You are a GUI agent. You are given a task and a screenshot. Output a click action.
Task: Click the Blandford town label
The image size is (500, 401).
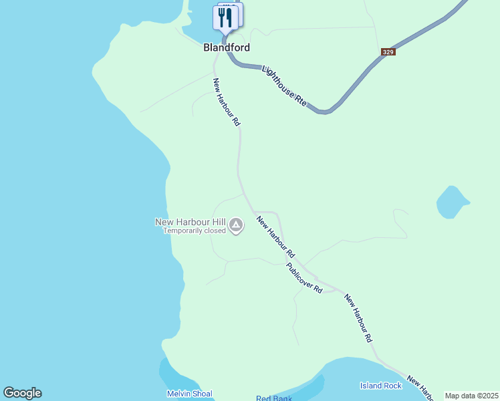(x=227, y=47)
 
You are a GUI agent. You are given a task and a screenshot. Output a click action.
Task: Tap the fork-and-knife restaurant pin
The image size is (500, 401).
(x=225, y=17)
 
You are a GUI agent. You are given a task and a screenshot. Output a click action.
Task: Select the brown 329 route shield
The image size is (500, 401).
(x=388, y=52)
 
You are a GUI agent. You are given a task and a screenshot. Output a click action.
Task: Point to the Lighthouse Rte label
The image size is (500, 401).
(x=285, y=86)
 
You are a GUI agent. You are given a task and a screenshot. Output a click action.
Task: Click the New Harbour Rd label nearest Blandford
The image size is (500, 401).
(x=226, y=102)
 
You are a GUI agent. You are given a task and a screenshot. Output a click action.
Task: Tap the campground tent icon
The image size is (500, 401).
(x=235, y=225)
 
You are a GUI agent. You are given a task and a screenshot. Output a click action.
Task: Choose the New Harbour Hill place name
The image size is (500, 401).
(x=190, y=223)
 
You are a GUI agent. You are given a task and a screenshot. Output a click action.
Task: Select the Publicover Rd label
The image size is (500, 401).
(x=304, y=278)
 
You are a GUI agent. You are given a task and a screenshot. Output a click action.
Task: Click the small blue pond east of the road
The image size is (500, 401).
(x=451, y=202)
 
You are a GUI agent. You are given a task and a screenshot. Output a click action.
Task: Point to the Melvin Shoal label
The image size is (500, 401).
(x=189, y=394)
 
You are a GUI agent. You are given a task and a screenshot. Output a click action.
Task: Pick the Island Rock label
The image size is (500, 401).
(x=381, y=386)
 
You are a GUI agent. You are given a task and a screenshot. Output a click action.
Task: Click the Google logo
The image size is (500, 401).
(x=22, y=393)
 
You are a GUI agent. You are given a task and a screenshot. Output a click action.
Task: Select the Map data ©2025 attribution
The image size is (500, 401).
(x=471, y=396)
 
